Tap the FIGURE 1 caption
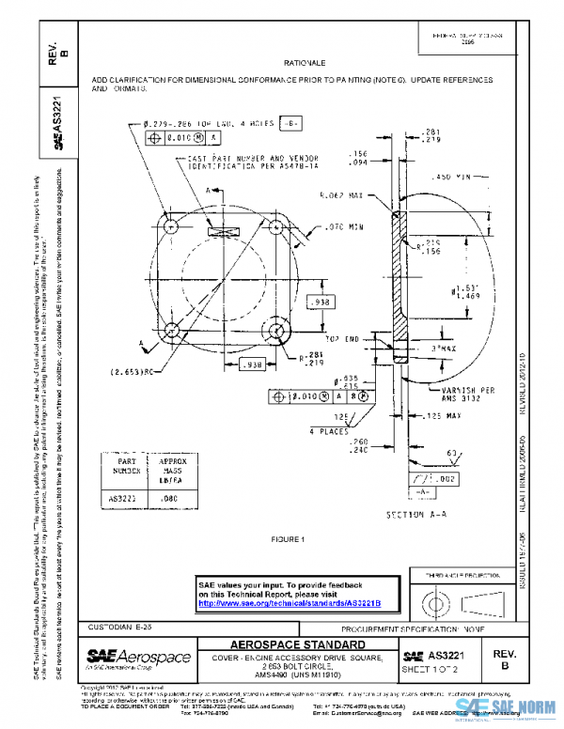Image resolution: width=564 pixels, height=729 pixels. (x=289, y=539)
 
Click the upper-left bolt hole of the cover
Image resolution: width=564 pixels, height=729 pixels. (x=172, y=228)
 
